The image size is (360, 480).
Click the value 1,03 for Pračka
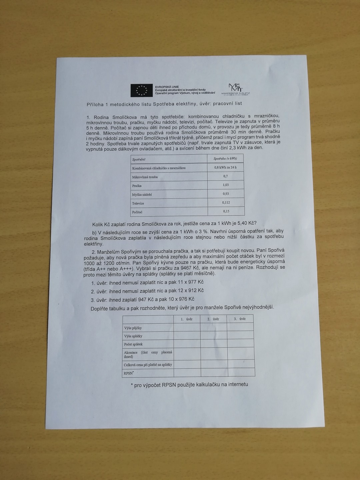click(x=226, y=185)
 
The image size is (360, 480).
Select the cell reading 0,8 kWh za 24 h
click(x=225, y=167)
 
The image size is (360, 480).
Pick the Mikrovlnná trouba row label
click(x=145, y=177)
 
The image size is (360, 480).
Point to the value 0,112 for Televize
click(x=226, y=202)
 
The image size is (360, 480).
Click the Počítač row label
click(x=137, y=212)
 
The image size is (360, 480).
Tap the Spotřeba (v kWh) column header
click(x=225, y=159)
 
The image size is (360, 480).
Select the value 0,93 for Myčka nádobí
click(x=226, y=194)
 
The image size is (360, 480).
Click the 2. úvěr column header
click(x=213, y=319)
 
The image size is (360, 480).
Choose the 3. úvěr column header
click(x=240, y=319)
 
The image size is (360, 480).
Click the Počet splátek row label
click(x=133, y=344)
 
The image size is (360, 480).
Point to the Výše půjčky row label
click(x=133, y=328)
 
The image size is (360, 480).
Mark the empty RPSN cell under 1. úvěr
click(x=187, y=372)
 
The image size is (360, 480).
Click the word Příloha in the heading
click(x=95, y=105)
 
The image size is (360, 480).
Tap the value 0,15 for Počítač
click(x=226, y=211)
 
